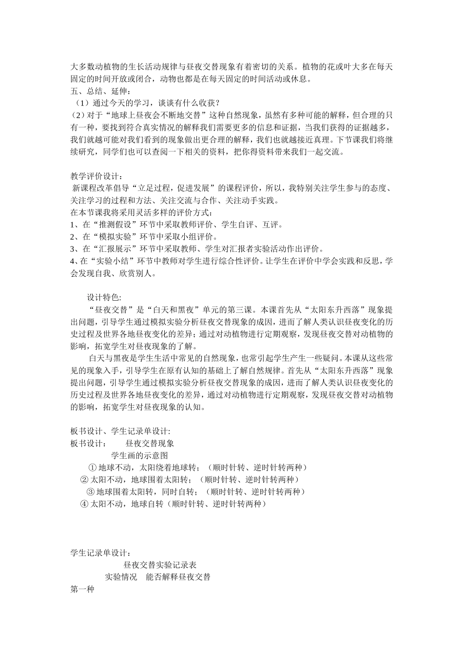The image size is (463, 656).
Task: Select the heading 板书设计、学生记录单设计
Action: click(x=120, y=431)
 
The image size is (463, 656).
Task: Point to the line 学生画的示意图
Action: click(x=139, y=455)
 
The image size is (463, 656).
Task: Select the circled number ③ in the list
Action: click(x=90, y=492)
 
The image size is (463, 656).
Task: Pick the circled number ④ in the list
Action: click(x=84, y=504)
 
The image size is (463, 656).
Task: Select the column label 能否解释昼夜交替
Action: click(x=178, y=577)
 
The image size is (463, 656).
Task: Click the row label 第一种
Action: click(x=82, y=589)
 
